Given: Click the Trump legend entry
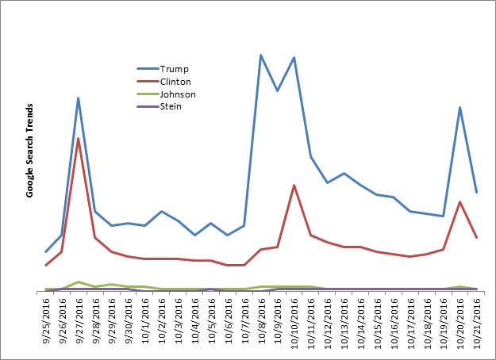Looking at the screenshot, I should tap(174, 69).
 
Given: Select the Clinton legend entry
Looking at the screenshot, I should tap(175, 82).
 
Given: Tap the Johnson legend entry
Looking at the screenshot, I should tap(178, 94).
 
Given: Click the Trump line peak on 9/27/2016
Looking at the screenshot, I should tap(78, 98).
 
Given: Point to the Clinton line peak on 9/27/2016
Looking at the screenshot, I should tap(78, 139).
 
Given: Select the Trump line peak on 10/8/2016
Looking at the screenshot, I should tap(260, 55).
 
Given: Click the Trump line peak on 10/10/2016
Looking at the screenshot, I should tap(294, 58).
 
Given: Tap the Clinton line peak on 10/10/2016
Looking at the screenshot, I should tap(294, 186).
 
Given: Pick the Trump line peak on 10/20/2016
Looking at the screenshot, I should tap(459, 107).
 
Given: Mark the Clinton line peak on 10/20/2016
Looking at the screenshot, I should tap(459, 201).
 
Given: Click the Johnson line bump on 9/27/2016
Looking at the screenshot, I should tap(78, 281).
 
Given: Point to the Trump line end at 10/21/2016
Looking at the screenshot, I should tap(476, 192).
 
